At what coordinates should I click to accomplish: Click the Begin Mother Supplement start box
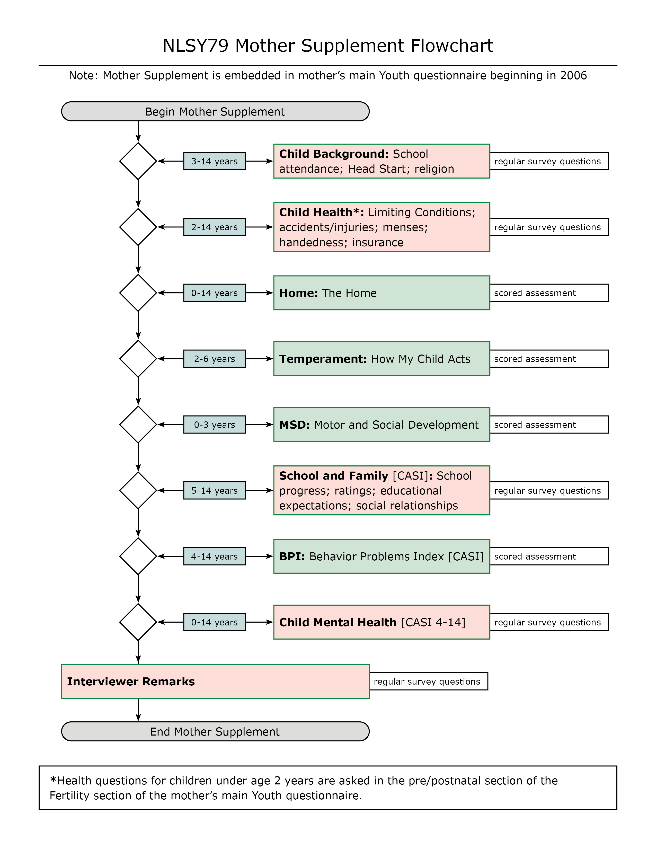pos(215,112)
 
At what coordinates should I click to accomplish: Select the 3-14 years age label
pos(215,161)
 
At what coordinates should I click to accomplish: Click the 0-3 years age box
pos(215,424)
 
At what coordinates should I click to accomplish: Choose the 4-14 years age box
pos(215,556)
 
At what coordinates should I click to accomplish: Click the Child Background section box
pos(382,161)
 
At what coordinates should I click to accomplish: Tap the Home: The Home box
pos(382,293)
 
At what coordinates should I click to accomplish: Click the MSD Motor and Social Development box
pos(382,424)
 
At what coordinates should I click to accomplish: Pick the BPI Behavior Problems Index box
pos(382,556)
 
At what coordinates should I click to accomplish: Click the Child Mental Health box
pos(382,622)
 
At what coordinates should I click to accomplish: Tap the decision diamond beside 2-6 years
pos(138,358)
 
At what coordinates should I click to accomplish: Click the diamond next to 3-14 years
pos(138,161)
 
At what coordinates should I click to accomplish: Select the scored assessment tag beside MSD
pos(549,424)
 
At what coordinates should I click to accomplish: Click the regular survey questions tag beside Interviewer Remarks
pos(428,682)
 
